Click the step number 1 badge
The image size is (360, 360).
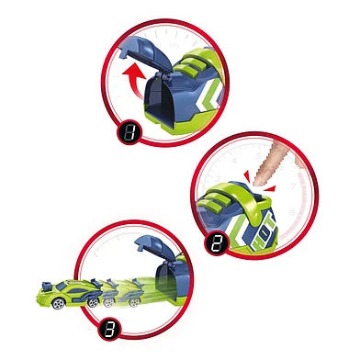[x=129, y=132]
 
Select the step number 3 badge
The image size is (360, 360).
[x=110, y=330]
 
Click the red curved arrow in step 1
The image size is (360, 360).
[x=134, y=76]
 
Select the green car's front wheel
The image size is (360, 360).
[x=58, y=303]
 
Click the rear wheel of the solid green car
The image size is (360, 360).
[x=94, y=302]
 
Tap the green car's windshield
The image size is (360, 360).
[x=62, y=287]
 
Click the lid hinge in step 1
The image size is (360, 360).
[x=163, y=76]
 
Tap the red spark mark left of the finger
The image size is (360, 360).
[x=247, y=177]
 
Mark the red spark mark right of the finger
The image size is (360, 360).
[x=269, y=189]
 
